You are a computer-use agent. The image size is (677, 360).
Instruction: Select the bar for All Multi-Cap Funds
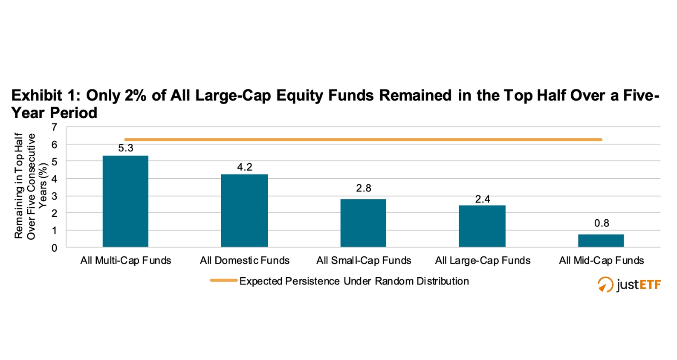click(125, 201)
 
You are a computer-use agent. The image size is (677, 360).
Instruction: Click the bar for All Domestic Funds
click(244, 211)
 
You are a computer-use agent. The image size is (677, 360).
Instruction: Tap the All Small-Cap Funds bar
click(363, 223)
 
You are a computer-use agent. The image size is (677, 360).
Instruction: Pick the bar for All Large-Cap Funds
click(482, 226)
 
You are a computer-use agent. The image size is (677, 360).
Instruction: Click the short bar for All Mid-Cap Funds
click(601, 241)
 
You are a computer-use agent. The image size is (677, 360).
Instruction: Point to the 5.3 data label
click(125, 148)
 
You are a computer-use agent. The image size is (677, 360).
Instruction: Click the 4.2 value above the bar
click(244, 167)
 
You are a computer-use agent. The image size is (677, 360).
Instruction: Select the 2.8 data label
click(363, 188)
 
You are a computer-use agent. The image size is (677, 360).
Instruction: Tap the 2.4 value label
click(482, 199)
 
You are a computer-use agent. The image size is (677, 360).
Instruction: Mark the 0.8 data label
click(601, 223)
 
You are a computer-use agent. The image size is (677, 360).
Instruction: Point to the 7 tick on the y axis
click(54, 127)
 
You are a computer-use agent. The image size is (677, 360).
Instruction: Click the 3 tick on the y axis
click(54, 196)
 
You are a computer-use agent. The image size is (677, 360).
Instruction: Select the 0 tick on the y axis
click(54, 248)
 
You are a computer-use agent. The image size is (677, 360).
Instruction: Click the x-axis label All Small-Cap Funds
click(363, 261)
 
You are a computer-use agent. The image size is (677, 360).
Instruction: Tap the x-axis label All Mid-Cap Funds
click(601, 261)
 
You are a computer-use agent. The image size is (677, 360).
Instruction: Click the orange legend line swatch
click(223, 281)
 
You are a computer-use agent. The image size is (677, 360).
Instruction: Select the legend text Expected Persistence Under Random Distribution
click(354, 282)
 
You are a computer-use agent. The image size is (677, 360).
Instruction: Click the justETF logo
click(629, 285)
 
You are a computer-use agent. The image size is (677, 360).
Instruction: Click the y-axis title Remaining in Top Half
click(19, 186)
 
